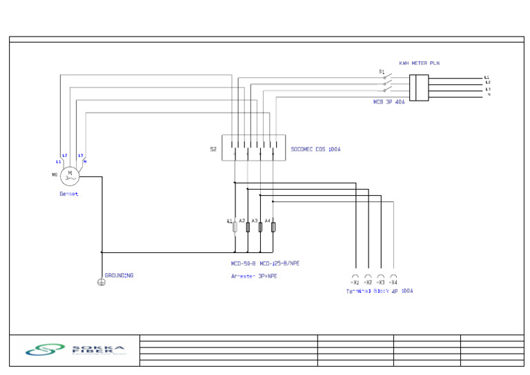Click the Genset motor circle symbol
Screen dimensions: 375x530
click(x=70, y=176)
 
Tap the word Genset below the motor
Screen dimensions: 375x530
click(x=69, y=194)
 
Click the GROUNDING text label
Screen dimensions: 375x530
click(x=119, y=276)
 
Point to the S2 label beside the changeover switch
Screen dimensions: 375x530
click(x=213, y=149)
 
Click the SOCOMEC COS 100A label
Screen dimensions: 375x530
click(x=316, y=149)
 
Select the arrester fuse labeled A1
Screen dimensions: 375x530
click(x=235, y=227)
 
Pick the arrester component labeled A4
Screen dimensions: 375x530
click(x=273, y=227)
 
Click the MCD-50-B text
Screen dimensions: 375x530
click(x=244, y=263)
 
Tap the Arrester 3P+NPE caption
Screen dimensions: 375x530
click(x=254, y=276)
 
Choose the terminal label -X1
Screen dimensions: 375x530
click(x=355, y=283)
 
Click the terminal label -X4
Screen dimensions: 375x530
click(x=393, y=283)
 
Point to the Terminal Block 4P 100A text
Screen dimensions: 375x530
click(x=380, y=292)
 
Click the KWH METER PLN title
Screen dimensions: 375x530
click(x=419, y=63)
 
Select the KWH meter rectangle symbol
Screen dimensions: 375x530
click(x=419, y=88)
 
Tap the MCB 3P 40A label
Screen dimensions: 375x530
click(x=389, y=102)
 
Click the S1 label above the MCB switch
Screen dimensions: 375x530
click(x=381, y=72)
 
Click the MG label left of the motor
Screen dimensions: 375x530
click(x=55, y=175)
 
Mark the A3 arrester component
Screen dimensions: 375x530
click(x=260, y=227)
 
